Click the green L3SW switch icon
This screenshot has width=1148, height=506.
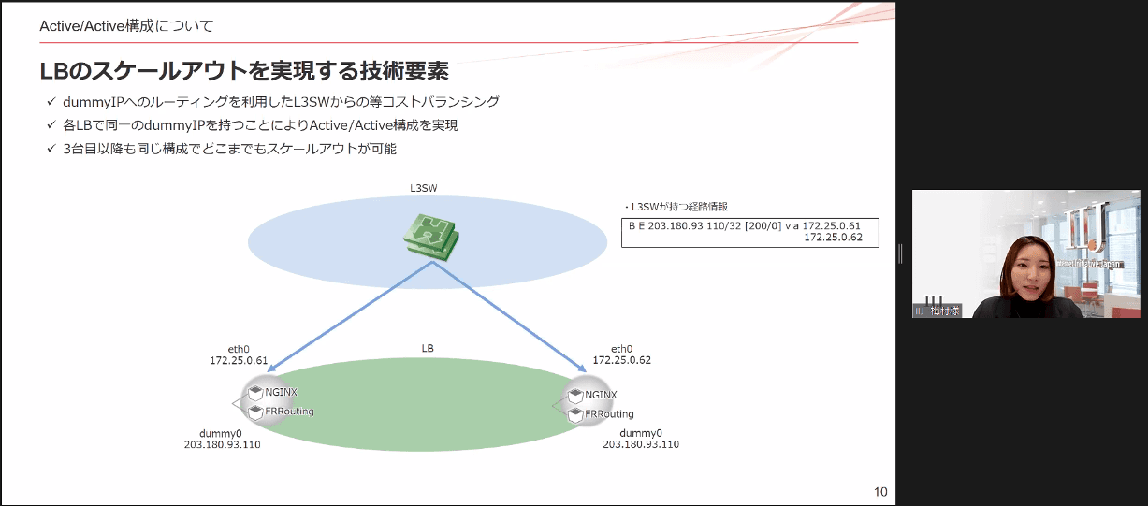[430, 236]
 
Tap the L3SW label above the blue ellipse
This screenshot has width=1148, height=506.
[424, 188]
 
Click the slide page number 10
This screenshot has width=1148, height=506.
[879, 492]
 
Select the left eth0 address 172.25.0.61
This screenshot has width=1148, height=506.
[239, 360]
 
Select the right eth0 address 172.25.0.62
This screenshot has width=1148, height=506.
[621, 360]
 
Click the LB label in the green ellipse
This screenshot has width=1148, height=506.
[428, 348]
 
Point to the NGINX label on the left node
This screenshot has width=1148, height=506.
[282, 392]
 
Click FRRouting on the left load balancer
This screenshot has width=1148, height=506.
[290, 412]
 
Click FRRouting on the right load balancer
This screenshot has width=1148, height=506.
[609, 414]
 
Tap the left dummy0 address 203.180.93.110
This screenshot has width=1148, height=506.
[222, 445]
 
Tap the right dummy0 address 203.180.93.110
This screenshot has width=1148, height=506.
[641, 445]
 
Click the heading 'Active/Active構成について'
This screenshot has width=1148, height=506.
[126, 26]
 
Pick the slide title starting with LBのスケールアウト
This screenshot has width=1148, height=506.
[243, 70]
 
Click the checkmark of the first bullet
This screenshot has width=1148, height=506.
[51, 102]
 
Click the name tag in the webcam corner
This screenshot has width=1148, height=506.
[938, 311]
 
